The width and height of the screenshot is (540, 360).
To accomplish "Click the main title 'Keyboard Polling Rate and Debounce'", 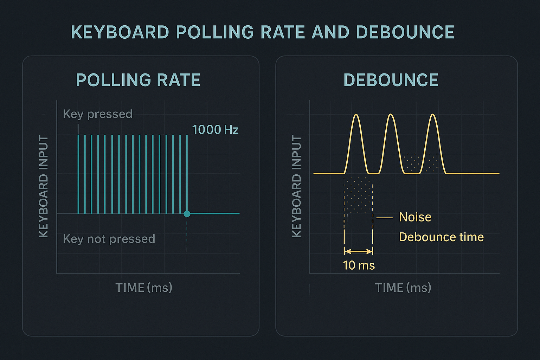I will pyautogui.click(x=263, y=32).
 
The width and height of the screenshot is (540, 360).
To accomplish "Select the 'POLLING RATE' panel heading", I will pyautogui.click(x=138, y=80).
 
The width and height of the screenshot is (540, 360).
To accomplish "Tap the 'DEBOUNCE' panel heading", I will pyautogui.click(x=391, y=80).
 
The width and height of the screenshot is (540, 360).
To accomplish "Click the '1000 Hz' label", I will pyautogui.click(x=215, y=130).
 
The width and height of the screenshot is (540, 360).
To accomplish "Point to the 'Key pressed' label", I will pyautogui.click(x=97, y=114).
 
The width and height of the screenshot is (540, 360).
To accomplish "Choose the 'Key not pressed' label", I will pyautogui.click(x=109, y=239).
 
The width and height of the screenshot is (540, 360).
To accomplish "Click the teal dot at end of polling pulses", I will pyautogui.click(x=187, y=213).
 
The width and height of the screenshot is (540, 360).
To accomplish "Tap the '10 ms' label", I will pyautogui.click(x=359, y=265).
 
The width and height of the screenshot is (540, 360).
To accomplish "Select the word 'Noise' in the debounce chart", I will pyautogui.click(x=415, y=217).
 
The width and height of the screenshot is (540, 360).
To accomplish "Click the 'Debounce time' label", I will pyautogui.click(x=441, y=237).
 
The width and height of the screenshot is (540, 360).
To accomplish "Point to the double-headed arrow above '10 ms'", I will pyautogui.click(x=358, y=251).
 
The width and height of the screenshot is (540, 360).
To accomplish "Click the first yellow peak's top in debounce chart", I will pyautogui.click(x=356, y=115).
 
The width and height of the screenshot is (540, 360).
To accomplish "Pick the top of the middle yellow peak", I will pyautogui.click(x=391, y=115).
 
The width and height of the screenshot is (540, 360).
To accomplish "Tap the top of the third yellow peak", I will pyautogui.click(x=433, y=115).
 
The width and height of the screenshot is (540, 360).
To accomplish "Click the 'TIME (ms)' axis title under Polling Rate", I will pyautogui.click(x=144, y=288).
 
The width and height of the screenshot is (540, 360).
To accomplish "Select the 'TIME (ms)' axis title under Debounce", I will pyautogui.click(x=403, y=288).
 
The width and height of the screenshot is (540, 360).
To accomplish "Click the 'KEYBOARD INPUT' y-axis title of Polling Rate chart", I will pyautogui.click(x=44, y=186).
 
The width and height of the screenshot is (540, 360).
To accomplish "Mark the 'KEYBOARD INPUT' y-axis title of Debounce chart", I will pyautogui.click(x=297, y=186).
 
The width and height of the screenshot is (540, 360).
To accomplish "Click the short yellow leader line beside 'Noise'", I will pyautogui.click(x=385, y=218).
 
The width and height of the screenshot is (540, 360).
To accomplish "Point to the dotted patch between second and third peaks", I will pyautogui.click(x=413, y=162).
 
